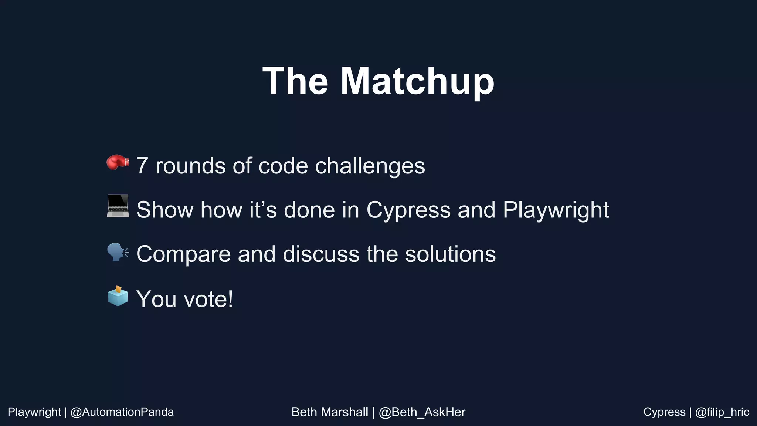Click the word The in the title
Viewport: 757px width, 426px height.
295,81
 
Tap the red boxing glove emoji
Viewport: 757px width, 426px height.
118,162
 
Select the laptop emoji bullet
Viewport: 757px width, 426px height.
118,206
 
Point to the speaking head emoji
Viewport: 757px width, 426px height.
118,252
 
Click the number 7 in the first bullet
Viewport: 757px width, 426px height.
142,166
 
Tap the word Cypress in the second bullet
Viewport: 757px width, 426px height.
408,210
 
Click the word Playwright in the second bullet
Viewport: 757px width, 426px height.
556,210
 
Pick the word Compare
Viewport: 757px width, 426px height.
183,254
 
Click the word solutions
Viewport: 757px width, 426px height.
450,254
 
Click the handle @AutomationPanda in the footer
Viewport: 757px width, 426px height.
122,412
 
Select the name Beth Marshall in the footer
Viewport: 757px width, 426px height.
330,412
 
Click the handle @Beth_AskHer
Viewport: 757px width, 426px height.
422,412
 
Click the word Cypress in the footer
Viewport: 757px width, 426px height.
664,412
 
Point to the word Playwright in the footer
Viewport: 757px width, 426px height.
34,412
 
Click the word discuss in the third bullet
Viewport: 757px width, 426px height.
321,254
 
